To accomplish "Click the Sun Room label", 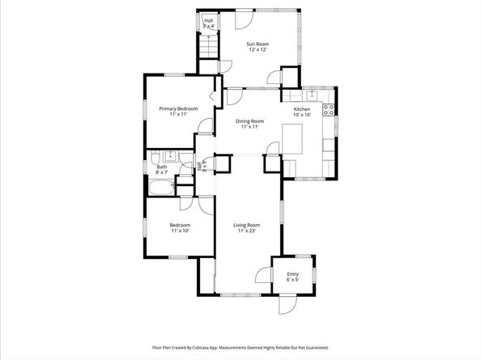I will coord(258,44).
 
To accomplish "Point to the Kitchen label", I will coord(301,108).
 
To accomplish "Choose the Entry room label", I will coord(292,274).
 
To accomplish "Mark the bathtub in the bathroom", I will coord(160,189).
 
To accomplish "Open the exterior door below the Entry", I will coord(287,306).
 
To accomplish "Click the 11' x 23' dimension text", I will coord(248,231).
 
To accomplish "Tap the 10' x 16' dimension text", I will coord(301,115).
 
